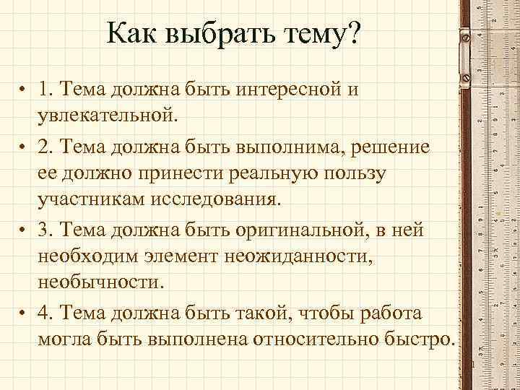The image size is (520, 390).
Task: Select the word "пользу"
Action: pyautogui.click(x=355, y=174)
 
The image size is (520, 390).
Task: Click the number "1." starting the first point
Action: pyautogui.click(x=48, y=90)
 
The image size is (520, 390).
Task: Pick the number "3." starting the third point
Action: pyautogui.click(x=48, y=230)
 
